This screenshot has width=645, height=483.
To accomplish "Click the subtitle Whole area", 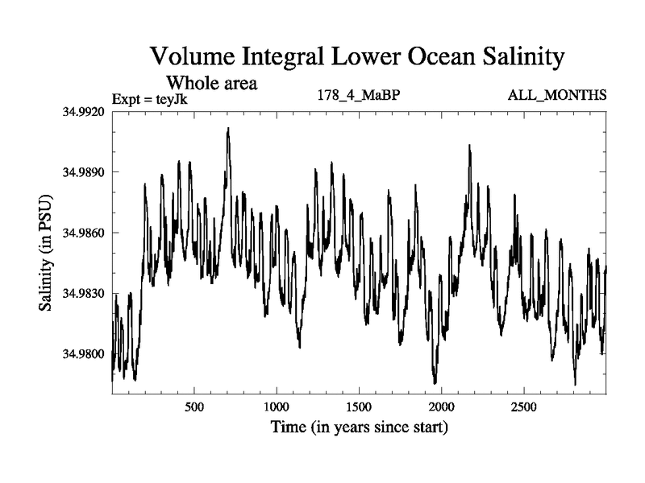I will [x=211, y=82].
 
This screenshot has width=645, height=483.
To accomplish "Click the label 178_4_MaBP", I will [x=360, y=96].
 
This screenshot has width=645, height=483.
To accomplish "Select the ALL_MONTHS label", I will [x=557, y=96].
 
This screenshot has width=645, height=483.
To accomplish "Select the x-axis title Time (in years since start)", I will [x=360, y=427].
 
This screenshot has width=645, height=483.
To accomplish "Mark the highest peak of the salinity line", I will [x=228, y=128].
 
